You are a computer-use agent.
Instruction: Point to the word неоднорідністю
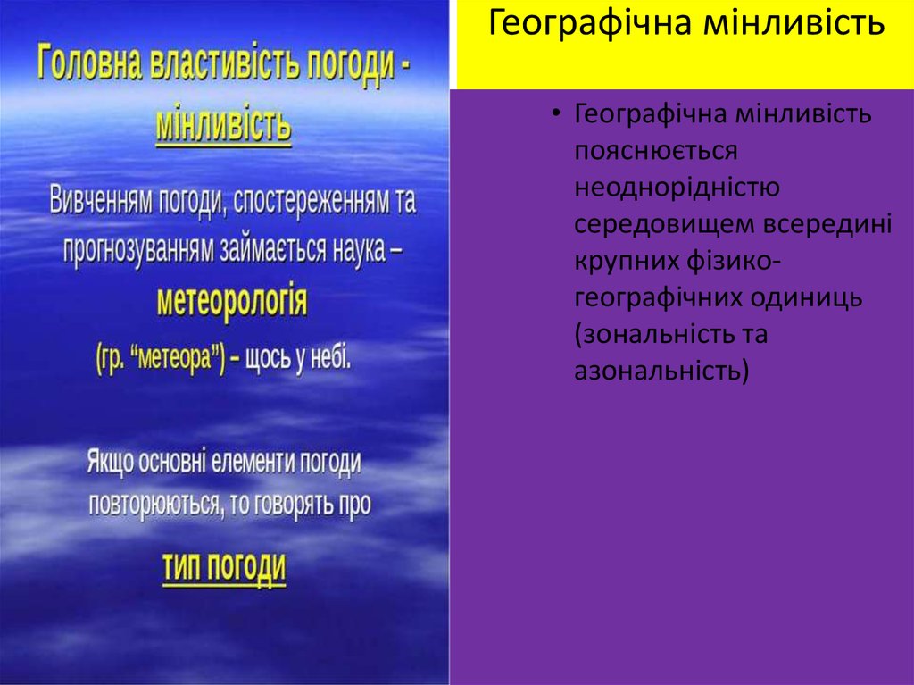[678, 187]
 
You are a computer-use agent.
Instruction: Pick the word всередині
[827, 223]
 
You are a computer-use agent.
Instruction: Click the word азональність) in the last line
[661, 369]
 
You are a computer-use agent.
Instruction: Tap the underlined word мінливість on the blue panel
[223, 127]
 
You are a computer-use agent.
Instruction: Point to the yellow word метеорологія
[232, 302]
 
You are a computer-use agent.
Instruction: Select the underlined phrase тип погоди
[224, 566]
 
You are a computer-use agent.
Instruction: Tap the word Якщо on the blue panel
[109, 462]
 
